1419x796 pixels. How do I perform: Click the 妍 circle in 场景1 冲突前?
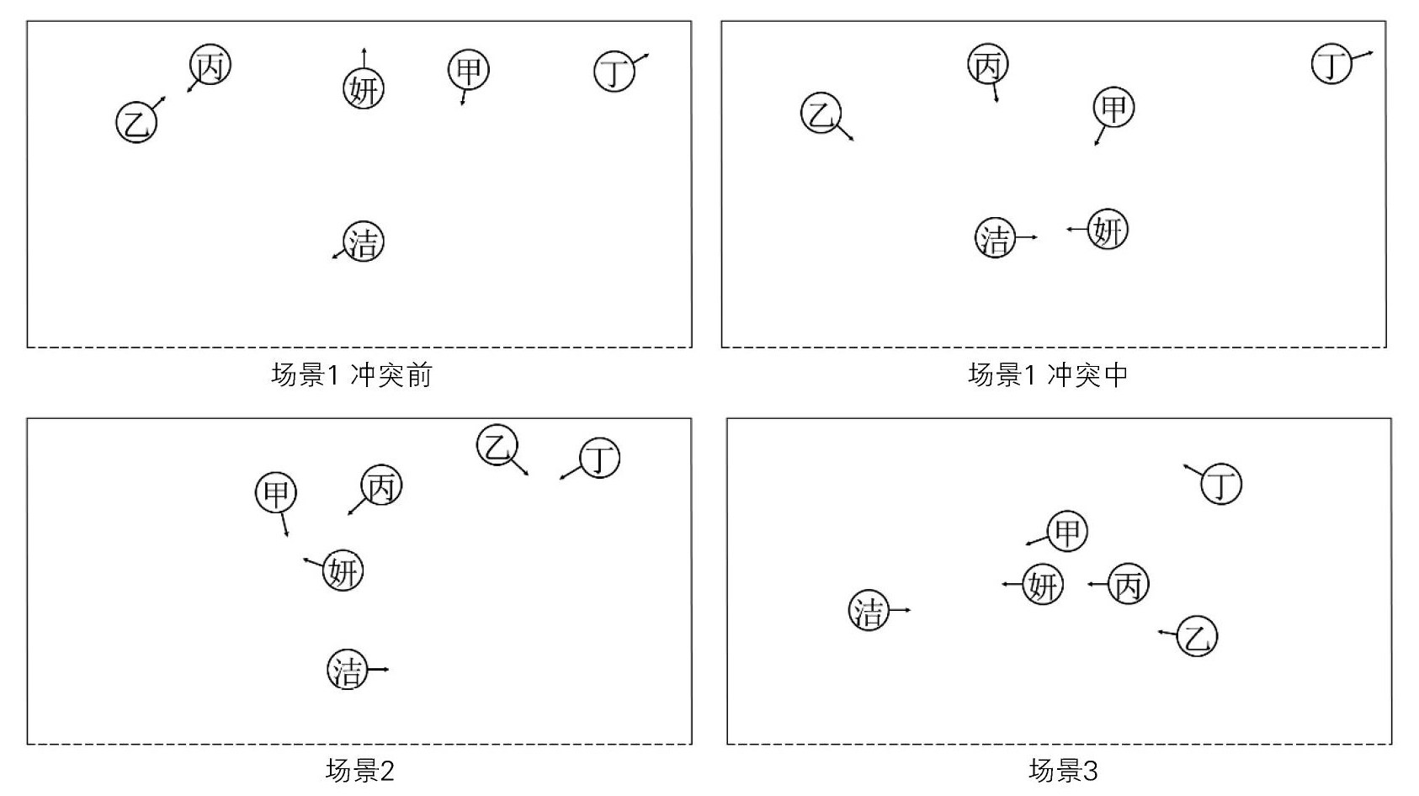point(364,88)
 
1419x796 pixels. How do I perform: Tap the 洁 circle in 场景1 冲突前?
point(364,241)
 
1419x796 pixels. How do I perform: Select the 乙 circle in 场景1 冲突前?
point(136,122)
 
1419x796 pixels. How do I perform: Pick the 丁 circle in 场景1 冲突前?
point(614,72)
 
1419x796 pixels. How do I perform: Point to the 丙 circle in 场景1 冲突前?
point(210,65)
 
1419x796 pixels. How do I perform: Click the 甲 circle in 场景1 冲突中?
point(1113,108)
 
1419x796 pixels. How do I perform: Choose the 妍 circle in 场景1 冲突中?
point(1107,229)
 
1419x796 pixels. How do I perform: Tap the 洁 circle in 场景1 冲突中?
point(996,237)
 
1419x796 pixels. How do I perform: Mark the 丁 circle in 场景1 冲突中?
point(1332,63)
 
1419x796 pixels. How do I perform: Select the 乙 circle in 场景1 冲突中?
point(821,113)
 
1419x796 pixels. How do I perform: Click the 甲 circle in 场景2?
point(276,492)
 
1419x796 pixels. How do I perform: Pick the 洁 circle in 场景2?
point(348,670)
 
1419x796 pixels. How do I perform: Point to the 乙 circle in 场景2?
point(497,446)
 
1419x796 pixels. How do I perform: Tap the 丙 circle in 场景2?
point(381,486)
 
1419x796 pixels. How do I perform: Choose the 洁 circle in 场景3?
point(869,610)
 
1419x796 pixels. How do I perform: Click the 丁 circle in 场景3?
point(1221,484)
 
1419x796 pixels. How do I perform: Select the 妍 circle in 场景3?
point(1043,584)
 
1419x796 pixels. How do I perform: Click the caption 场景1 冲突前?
point(352,374)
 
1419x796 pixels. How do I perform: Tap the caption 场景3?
point(1063,770)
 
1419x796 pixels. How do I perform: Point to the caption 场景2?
point(359,770)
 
